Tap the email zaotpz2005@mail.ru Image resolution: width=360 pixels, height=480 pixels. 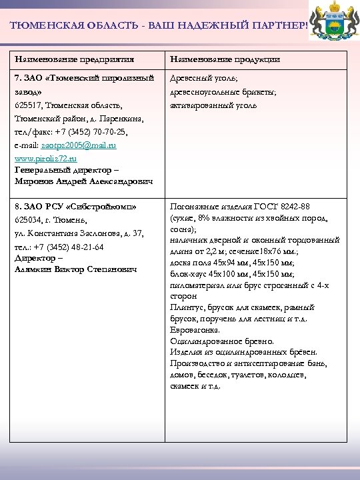(x=79, y=145)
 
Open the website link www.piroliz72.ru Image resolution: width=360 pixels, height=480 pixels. (x=45, y=159)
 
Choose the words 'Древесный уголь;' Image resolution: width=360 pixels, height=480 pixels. (x=203, y=79)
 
